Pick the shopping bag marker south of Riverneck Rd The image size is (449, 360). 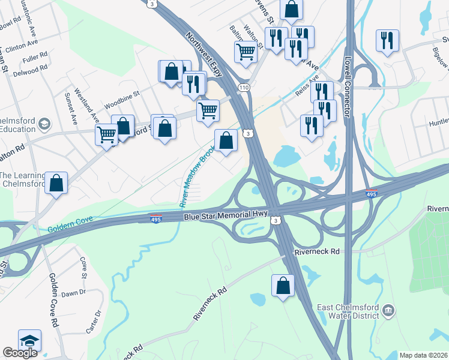click(x=283, y=287)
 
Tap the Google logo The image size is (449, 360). click(x=20, y=353)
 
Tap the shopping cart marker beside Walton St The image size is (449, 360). click(x=246, y=52)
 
